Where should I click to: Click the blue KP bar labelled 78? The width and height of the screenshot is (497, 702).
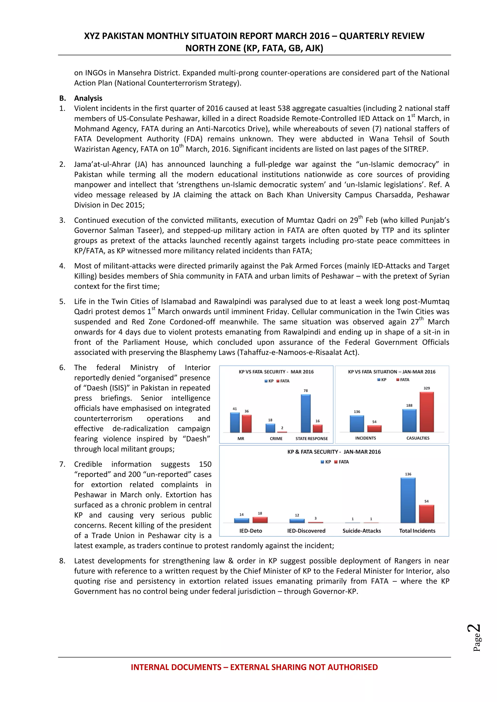click(306, 413)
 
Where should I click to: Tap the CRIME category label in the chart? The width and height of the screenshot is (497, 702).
click(276, 439)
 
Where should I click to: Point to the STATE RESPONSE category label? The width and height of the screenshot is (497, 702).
click(312, 439)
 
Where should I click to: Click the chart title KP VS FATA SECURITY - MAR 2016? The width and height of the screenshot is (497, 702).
click(276, 372)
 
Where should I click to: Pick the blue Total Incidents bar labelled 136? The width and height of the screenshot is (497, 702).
click(408, 500)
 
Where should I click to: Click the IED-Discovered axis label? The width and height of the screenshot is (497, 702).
click(306, 531)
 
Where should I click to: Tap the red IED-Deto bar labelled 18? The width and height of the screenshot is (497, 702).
click(260, 520)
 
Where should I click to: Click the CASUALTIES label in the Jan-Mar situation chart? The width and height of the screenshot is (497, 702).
click(418, 438)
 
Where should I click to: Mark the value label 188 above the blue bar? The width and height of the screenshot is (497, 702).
click(409, 406)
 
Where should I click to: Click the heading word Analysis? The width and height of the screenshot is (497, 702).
click(88, 98)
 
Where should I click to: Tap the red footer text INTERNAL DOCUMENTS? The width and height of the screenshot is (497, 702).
click(176, 667)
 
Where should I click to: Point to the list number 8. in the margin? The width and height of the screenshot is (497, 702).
click(62, 561)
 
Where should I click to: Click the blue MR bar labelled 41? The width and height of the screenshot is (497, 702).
click(235, 422)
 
